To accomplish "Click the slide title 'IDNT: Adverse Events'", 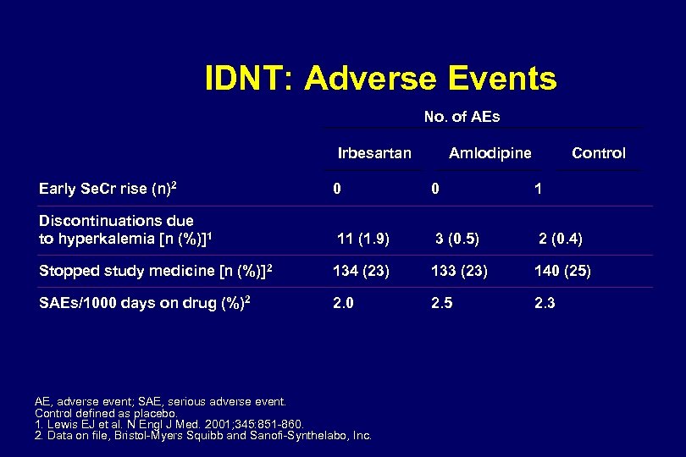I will click(x=380, y=79).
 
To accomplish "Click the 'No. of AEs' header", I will click(x=462, y=117).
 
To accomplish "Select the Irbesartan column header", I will click(x=374, y=153).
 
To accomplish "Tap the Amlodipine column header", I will click(x=490, y=153).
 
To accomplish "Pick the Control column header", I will click(x=598, y=153).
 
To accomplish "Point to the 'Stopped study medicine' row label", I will click(x=156, y=271).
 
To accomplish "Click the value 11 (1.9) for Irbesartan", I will click(x=363, y=240).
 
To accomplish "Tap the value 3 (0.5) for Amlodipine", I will click(x=457, y=240).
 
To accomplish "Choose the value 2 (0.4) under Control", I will click(x=561, y=240).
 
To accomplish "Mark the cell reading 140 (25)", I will click(x=562, y=272).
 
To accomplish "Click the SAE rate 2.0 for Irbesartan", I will click(x=343, y=303).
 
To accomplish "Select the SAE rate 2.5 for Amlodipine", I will click(x=441, y=303).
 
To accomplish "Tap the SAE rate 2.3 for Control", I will click(x=545, y=303).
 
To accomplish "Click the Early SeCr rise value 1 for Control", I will click(x=538, y=190).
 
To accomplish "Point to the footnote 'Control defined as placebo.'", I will click(x=105, y=413).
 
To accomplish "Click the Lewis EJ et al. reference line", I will click(x=169, y=424).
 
